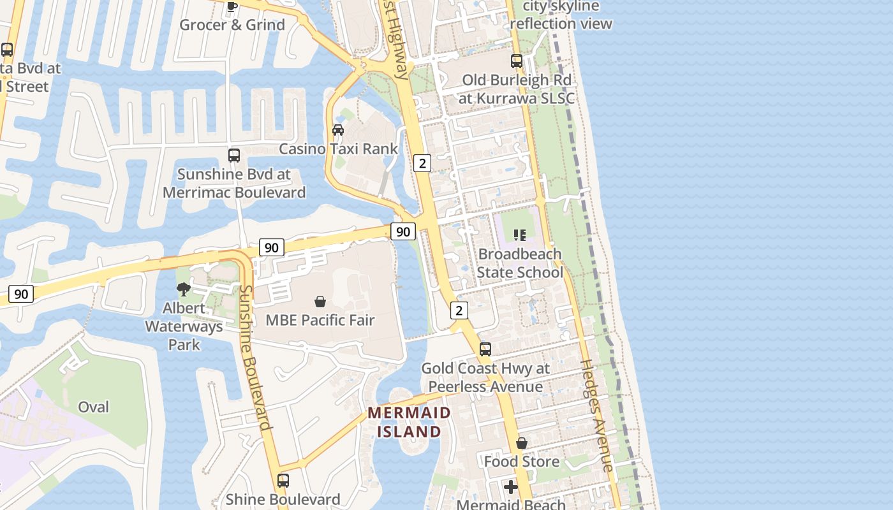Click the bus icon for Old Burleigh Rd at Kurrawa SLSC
point(517,61)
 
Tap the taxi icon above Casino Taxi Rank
point(338,130)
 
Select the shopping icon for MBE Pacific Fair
point(320,302)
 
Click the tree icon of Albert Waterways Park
point(184,289)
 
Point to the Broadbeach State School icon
point(520,235)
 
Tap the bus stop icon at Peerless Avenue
point(485,349)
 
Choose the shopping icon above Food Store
point(522,443)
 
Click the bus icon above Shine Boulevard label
point(283,481)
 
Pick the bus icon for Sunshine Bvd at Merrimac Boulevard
point(234,156)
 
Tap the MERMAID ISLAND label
point(409,422)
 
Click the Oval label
point(93,407)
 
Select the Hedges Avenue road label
point(597,416)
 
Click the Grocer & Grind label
point(232,25)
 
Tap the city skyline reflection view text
point(561,15)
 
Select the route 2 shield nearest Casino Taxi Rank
point(422,163)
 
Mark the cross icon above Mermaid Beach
point(511,487)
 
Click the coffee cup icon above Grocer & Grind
point(232,6)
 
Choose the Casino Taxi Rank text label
point(339,149)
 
